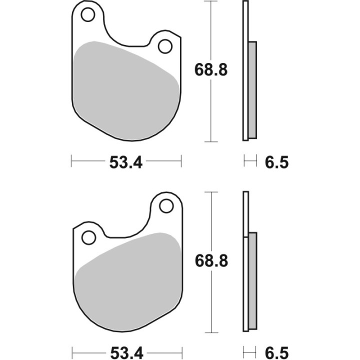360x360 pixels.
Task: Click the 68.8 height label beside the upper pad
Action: [x=211, y=70]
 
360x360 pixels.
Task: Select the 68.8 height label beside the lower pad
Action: [x=211, y=260]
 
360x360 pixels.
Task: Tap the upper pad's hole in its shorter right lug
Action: [x=164, y=46]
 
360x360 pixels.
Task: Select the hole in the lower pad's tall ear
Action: [x=165, y=206]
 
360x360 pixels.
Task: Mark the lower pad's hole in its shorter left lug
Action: [x=88, y=237]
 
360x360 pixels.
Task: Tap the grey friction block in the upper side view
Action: [x=252, y=90]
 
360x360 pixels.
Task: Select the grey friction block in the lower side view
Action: [x=252, y=280]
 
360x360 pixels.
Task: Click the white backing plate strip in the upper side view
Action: [x=245, y=70]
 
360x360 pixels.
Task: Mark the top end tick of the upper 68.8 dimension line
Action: [x=211, y=1]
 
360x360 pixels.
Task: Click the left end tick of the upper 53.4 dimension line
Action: [x=72, y=161]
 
